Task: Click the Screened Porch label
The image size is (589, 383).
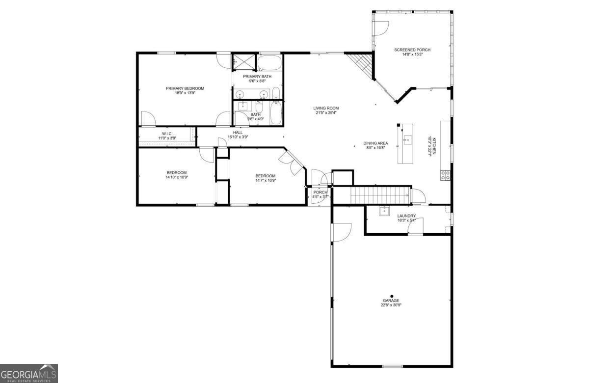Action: [x=412, y=50]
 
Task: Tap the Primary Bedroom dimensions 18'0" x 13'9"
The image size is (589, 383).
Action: [x=185, y=93]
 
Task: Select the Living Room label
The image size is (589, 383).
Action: [x=326, y=108]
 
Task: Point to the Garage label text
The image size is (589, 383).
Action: [x=391, y=301]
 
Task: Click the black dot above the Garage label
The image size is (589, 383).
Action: [x=392, y=296]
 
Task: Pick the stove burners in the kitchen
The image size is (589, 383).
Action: [x=446, y=175]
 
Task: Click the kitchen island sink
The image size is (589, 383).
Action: [x=408, y=139]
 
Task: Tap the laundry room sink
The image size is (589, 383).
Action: [x=384, y=211]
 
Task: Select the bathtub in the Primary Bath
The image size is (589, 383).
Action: [x=269, y=63]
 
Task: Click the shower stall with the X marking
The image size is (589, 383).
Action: [x=244, y=62]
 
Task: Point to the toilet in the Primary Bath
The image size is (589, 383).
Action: [x=276, y=93]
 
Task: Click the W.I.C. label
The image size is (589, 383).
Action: [x=167, y=134]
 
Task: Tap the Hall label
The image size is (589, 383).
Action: [x=238, y=133]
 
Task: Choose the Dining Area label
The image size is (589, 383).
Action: [x=375, y=143]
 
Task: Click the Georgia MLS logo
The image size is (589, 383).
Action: [x=29, y=374]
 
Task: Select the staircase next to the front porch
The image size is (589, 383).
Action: [x=381, y=195]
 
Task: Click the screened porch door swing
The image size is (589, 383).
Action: [x=381, y=28]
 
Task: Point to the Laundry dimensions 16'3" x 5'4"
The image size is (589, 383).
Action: [x=406, y=220]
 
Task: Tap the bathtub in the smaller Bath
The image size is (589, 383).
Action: [x=276, y=113]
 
